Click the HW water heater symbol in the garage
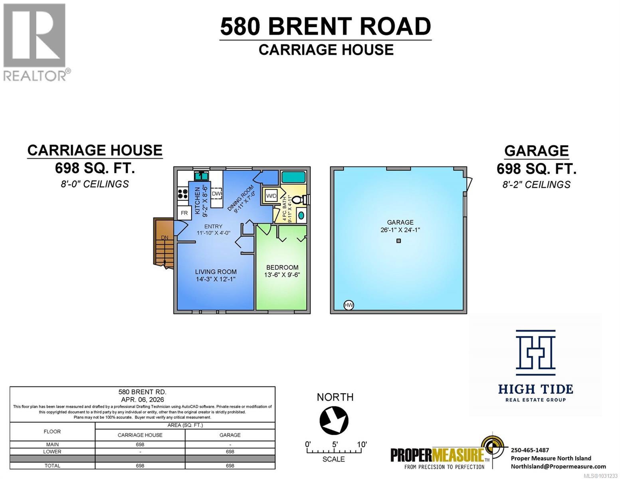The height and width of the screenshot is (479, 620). [349, 305]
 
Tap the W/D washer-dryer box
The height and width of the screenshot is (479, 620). [271, 196]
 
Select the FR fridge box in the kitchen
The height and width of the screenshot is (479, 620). [184, 213]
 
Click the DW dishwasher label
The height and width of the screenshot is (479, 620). [216, 194]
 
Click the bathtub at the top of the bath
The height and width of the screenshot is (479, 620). [293, 177]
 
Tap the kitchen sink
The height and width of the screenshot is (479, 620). [201, 176]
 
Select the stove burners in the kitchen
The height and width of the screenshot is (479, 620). [183, 194]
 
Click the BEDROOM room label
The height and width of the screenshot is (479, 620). [282, 267]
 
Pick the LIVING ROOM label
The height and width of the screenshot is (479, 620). [216, 272]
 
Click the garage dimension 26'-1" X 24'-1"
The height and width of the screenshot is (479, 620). [400, 230]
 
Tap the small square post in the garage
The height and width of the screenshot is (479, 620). [398, 241]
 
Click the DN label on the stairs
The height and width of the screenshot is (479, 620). [164, 238]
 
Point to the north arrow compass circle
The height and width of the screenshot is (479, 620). [334, 420]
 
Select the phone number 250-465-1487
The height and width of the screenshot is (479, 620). [530, 450]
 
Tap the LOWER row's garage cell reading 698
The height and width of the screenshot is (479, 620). [230, 452]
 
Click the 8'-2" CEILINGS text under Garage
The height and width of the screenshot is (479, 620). [536, 184]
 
